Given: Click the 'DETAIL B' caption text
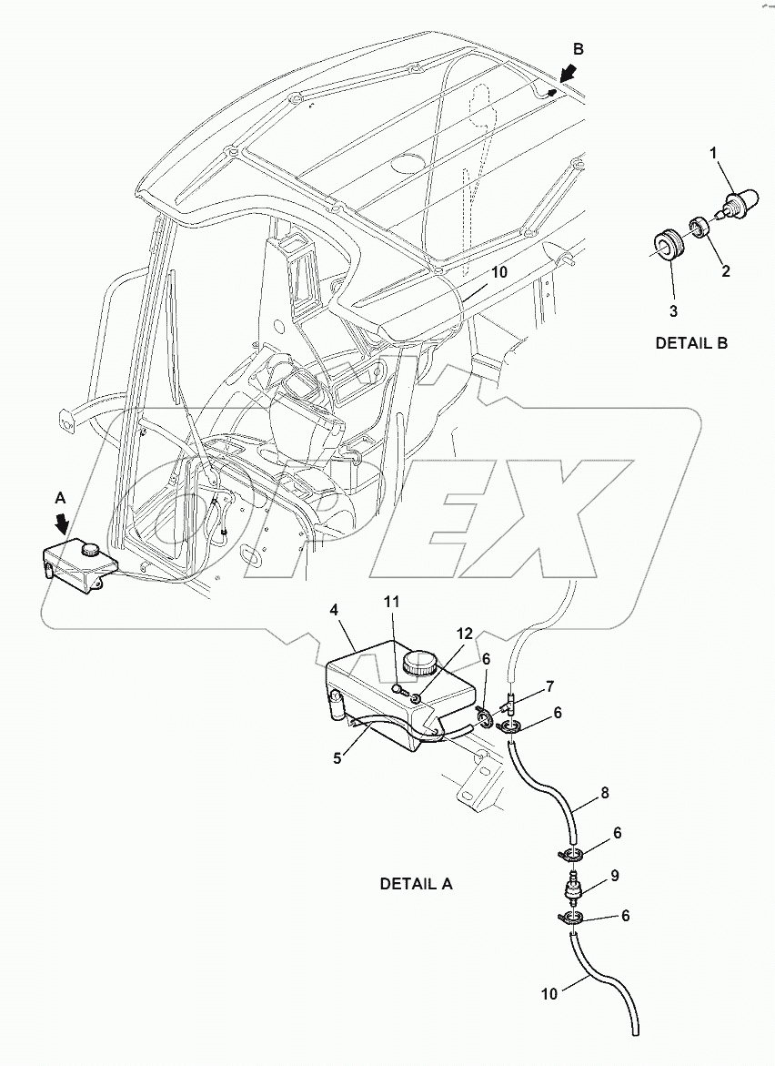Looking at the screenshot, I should point(690,343).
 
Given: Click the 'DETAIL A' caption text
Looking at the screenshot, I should point(415,884).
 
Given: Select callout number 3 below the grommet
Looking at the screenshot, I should point(673,310).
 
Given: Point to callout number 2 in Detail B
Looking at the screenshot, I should point(724,270).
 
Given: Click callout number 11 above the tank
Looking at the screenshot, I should point(391,603).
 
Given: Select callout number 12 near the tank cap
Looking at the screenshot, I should point(465,635).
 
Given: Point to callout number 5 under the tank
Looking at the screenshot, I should point(337,756).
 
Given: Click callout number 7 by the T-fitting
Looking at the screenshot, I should point(549,685).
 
